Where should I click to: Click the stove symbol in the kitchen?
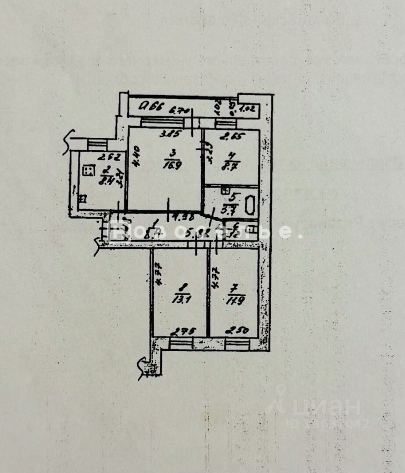click(x=88, y=171)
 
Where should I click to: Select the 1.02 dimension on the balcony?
click(x=246, y=109)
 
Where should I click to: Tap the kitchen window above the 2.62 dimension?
click(x=97, y=144)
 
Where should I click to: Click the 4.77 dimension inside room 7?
click(x=215, y=279)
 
